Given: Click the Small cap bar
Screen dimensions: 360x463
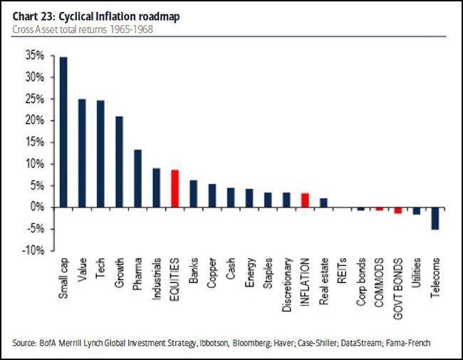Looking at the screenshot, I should tap(63, 132).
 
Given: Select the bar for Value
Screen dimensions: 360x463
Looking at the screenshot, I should tap(82, 153).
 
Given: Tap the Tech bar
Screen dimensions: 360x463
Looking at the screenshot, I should tap(100, 153).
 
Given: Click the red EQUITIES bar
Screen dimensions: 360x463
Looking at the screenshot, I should tap(175, 188).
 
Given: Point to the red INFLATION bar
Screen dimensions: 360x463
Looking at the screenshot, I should tap(304, 200).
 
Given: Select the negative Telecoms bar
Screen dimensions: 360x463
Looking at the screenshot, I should tap(435, 218).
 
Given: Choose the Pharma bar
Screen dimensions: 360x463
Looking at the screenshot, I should tap(137, 178).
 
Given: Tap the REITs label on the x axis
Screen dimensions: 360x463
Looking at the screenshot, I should tap(342, 268).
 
